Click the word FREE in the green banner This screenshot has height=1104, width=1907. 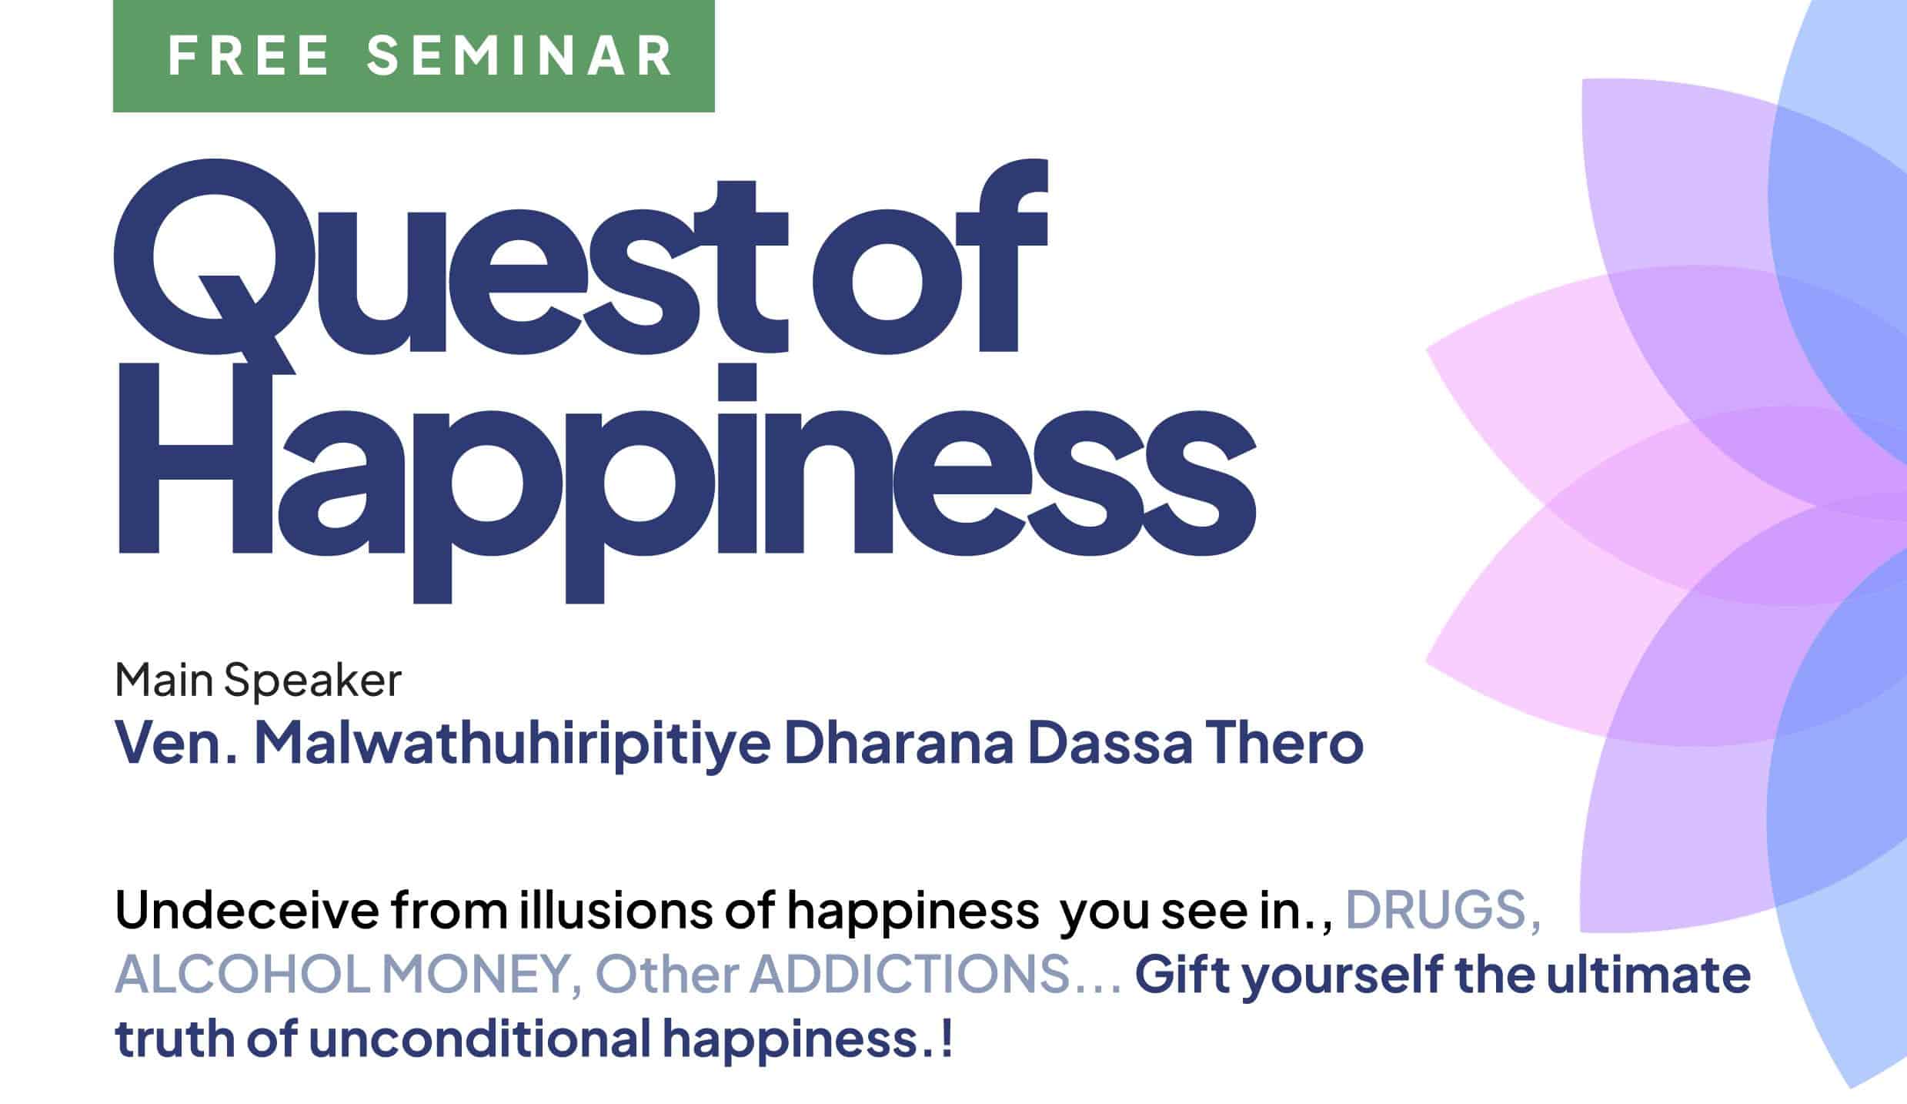(249, 55)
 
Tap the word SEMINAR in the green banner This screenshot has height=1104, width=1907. (519, 55)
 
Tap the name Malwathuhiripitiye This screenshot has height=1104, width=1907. (512, 744)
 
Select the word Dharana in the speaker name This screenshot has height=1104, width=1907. (899, 743)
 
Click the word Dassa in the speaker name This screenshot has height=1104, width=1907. (1110, 743)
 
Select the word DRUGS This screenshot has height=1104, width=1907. (1443, 912)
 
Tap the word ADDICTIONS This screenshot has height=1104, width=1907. (910, 975)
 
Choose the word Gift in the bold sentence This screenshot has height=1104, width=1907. (1181, 975)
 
